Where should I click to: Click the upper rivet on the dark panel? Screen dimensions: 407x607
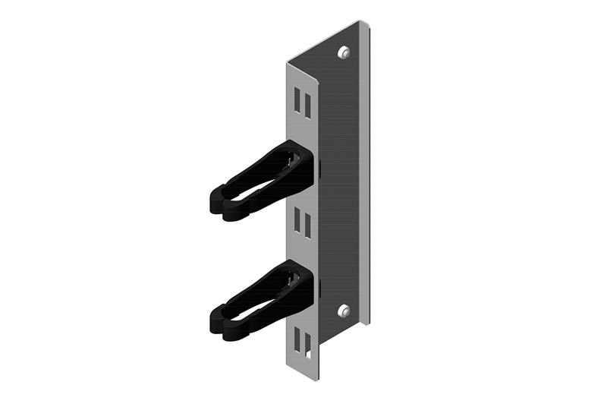(x=344, y=52)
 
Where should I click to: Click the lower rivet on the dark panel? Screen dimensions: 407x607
(x=343, y=310)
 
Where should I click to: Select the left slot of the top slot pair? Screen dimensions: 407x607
(x=298, y=101)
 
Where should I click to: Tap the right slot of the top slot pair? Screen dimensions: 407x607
(x=307, y=101)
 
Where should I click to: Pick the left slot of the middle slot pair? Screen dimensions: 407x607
(x=298, y=221)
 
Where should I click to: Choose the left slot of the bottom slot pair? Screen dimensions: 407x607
(x=298, y=342)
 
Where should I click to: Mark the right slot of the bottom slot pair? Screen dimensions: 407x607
(x=307, y=343)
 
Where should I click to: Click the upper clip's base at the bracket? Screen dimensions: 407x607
(x=303, y=163)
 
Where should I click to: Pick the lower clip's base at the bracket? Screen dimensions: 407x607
(x=303, y=282)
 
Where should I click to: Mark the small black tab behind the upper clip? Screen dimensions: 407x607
(x=319, y=169)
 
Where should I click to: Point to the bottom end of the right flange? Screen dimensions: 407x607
(x=366, y=322)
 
